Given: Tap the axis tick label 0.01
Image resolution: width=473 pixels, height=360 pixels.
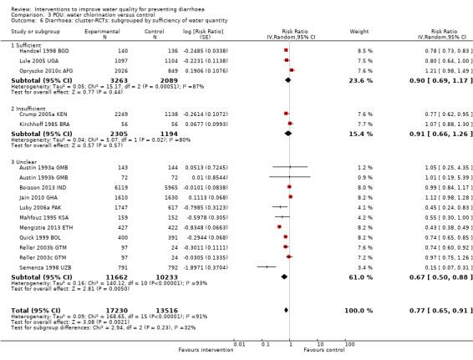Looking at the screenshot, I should (x=239, y=342).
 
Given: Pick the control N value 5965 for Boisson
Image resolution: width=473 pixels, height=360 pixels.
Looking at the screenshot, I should (x=174, y=188).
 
